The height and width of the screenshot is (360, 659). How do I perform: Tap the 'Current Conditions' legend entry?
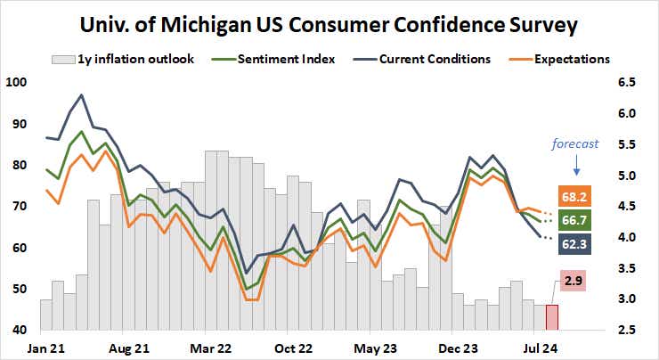point(431,60)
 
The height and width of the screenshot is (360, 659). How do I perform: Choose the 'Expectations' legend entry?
point(570,60)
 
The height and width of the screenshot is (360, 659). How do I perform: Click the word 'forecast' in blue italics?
point(574,143)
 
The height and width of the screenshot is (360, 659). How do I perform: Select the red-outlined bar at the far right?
point(552,317)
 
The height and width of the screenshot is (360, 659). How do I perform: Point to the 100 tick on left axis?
point(16,83)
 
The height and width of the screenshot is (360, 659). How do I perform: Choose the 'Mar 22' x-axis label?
point(207,347)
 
